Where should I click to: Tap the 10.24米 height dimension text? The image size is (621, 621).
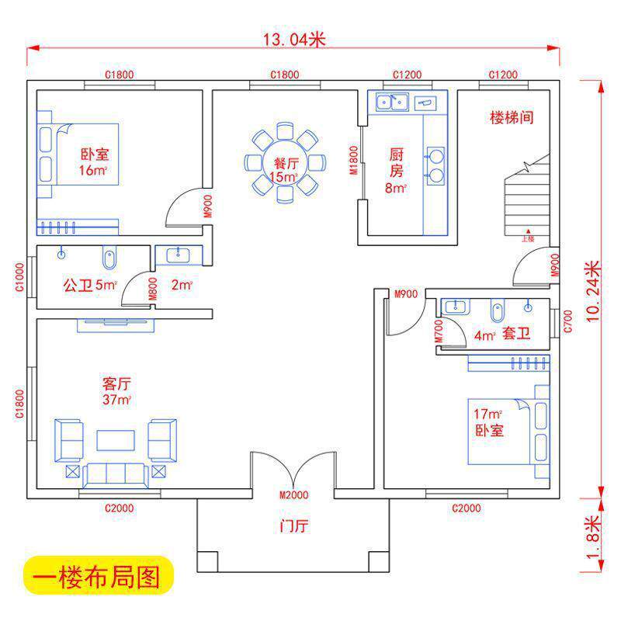click(593, 290)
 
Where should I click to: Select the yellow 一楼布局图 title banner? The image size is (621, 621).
click(96, 578)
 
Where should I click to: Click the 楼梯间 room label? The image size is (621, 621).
click(511, 118)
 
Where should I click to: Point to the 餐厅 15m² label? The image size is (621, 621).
click(285, 170)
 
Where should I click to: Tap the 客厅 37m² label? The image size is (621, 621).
click(116, 391)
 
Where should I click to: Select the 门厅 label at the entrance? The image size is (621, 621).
click(294, 526)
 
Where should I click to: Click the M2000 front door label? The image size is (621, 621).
click(294, 495)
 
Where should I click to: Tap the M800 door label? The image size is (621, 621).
click(153, 289)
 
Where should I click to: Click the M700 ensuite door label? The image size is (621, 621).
click(439, 331)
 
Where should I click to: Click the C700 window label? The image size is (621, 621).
click(567, 321)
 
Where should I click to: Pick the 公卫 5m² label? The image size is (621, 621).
click(89, 285)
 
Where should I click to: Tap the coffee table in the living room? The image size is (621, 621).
click(116, 440)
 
